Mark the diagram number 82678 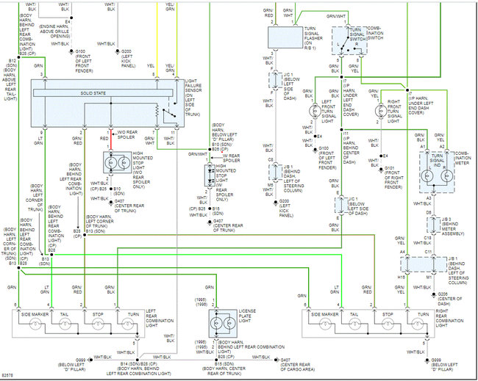click(x=9, y=375)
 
